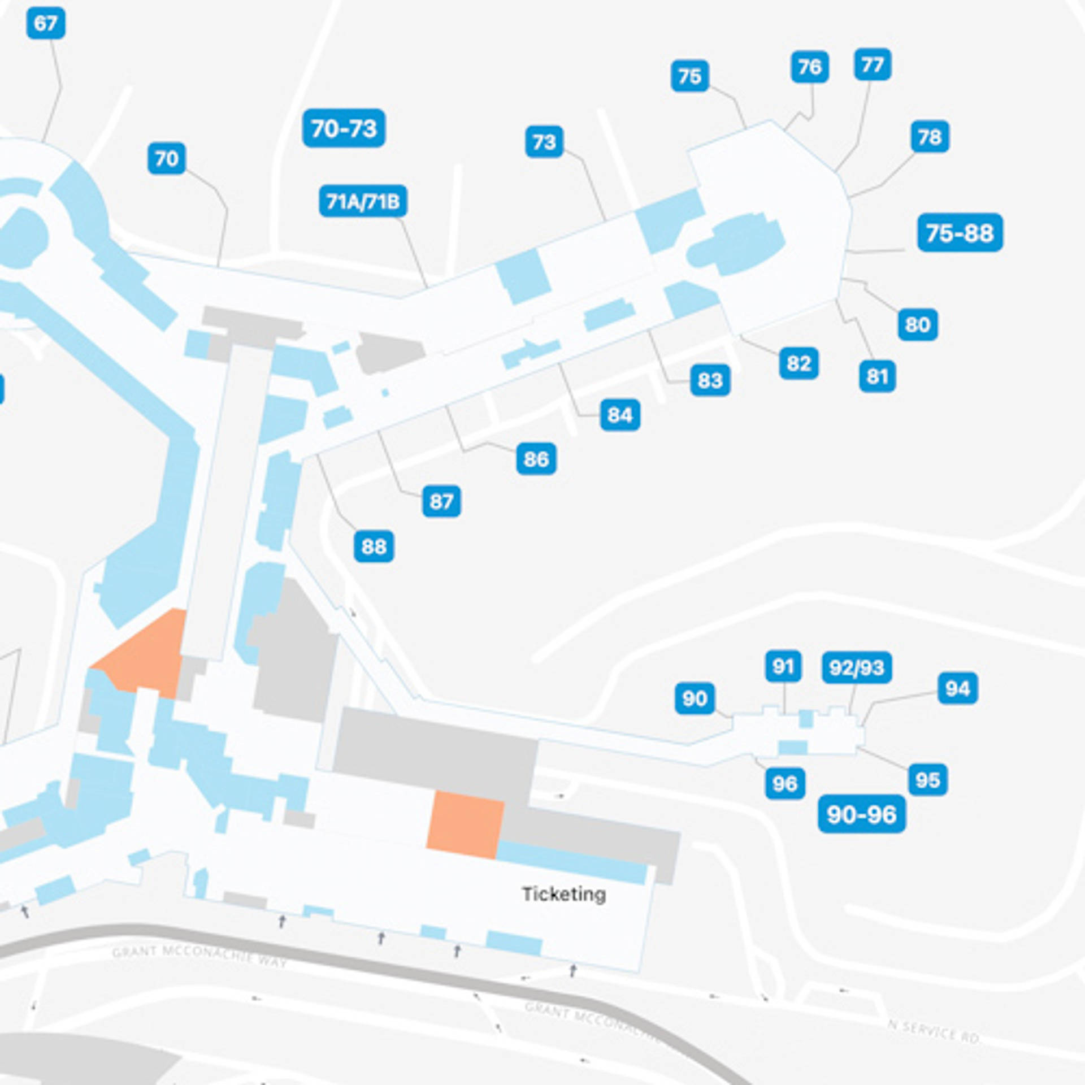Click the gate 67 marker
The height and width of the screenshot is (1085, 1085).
tap(46, 24)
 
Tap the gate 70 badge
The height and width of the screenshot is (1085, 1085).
tap(167, 158)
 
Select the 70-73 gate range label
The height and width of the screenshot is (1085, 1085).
tap(344, 128)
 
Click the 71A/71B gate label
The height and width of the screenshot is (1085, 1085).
tap(363, 201)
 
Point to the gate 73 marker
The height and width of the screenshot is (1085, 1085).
tap(544, 142)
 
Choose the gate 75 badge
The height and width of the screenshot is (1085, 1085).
tap(689, 76)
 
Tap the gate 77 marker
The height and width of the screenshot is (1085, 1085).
tap(873, 64)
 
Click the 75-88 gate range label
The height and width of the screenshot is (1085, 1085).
tap(960, 232)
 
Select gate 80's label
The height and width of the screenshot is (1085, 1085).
tap(917, 324)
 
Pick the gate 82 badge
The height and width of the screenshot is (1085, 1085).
tap(798, 363)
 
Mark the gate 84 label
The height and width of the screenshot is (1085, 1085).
tap(620, 415)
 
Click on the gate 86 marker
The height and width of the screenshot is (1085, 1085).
tap(536, 458)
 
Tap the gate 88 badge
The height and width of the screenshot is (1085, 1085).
tap(374, 546)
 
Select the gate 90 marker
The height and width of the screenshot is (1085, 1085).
tap(695, 698)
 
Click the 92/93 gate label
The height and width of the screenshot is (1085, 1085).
tap(857, 667)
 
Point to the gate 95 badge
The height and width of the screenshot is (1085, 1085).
tap(927, 780)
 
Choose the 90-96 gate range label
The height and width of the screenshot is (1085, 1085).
tap(861, 814)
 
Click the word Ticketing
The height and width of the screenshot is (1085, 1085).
tap(563, 894)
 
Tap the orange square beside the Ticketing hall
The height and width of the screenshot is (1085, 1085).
tap(465, 825)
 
